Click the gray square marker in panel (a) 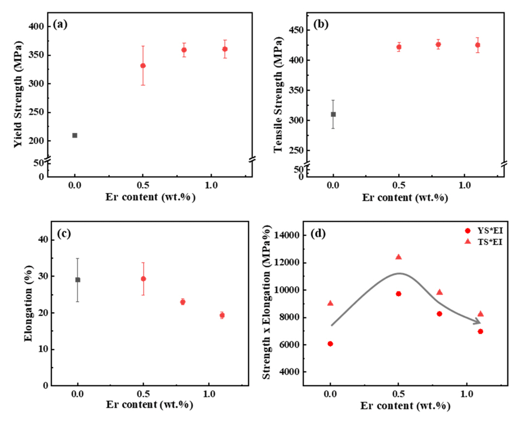point(75,135)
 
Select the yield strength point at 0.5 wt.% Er point(143,66)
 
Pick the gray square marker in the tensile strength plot point(333,114)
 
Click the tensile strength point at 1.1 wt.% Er point(477,45)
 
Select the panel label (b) point(321,24)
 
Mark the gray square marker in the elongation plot point(78,280)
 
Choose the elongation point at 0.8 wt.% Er point(183,302)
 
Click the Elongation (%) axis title point(29,304)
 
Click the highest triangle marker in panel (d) point(399,257)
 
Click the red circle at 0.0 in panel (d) point(330,344)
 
